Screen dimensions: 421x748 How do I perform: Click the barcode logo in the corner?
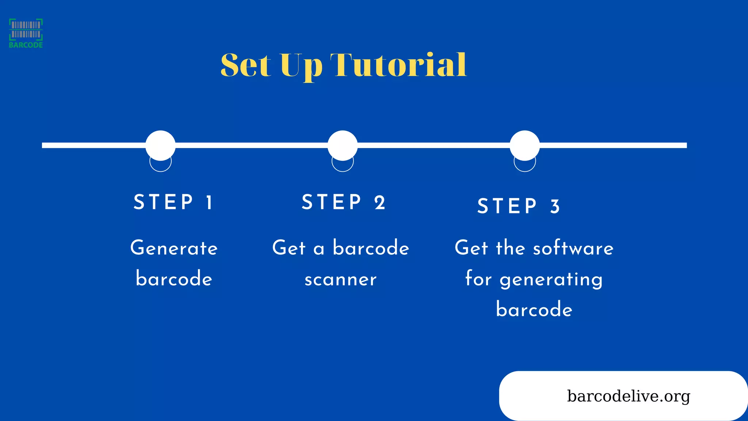26,33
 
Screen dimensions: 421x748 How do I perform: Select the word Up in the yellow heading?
301,66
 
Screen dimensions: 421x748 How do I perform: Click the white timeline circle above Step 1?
160,145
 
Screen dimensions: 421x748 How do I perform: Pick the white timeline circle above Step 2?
342,145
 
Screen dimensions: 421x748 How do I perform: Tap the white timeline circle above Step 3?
524,145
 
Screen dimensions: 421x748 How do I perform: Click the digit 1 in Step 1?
209,202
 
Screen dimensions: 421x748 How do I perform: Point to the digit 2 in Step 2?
380,202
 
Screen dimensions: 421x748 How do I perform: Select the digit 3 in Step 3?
555,206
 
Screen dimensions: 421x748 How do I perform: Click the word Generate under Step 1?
174,248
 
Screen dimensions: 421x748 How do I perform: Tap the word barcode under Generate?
174,279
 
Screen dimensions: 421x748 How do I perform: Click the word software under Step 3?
573,248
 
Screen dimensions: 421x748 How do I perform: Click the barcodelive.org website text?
628,396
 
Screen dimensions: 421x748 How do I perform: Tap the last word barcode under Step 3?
534,310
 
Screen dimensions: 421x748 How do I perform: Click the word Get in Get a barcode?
289,248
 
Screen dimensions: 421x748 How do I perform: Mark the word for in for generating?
478,279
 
